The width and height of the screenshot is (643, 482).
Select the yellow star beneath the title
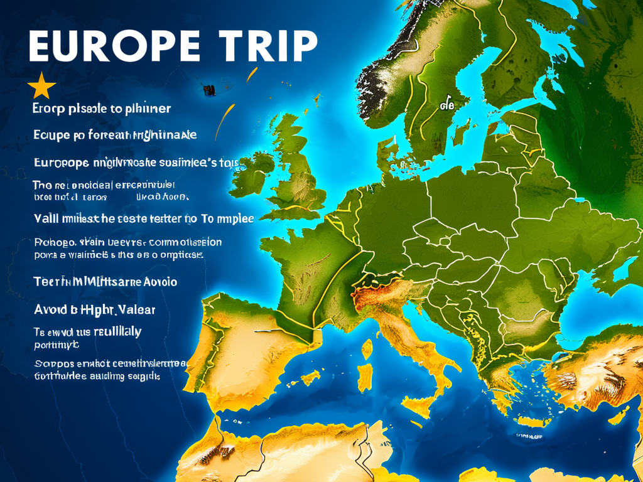click(x=42, y=86)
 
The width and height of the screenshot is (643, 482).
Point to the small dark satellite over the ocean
click(x=208, y=89)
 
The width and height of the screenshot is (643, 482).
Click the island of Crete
click(x=531, y=422)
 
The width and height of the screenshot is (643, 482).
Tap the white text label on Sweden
click(x=447, y=104)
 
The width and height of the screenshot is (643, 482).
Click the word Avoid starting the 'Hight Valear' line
click(x=49, y=309)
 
